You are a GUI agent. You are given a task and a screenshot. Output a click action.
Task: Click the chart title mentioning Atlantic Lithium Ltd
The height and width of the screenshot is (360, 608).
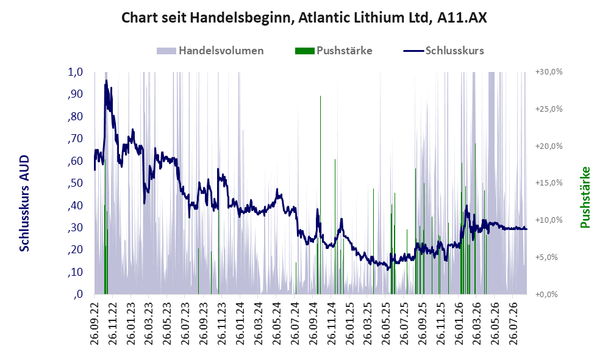(304, 18)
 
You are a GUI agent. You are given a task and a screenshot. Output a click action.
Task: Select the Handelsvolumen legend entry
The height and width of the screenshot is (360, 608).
(210, 51)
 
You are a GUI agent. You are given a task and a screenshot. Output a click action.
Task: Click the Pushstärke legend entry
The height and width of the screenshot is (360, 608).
(334, 51)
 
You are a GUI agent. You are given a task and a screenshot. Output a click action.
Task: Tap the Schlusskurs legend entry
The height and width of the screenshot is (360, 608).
(443, 51)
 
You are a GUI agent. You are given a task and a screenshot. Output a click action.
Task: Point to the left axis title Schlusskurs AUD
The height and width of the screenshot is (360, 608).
(24, 203)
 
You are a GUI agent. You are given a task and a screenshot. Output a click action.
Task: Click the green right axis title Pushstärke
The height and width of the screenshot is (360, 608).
(585, 198)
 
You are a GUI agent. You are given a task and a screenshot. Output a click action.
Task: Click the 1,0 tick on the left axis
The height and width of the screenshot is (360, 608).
(76, 72)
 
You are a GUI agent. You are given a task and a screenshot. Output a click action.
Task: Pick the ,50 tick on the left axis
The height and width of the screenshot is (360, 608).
(75, 182)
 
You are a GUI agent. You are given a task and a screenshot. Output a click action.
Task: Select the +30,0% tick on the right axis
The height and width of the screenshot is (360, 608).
(549, 72)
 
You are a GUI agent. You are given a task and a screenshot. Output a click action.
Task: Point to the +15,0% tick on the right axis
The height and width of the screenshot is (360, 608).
(549, 182)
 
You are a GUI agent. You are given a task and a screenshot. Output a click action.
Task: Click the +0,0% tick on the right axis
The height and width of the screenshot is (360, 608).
(546, 294)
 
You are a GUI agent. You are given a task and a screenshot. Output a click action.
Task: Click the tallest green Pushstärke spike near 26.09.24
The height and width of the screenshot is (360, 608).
(320, 195)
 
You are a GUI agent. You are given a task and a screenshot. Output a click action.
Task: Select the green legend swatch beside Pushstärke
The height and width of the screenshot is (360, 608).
(304, 51)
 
